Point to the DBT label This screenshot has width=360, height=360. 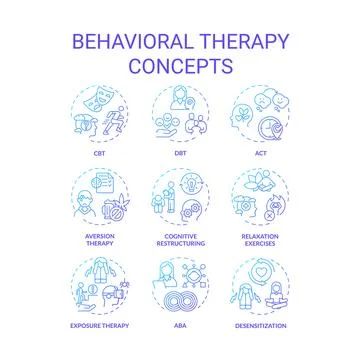coord(180,154)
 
